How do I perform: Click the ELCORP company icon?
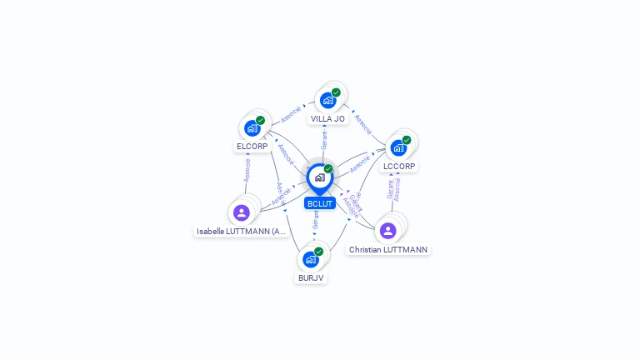252,128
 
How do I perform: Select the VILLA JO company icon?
327,100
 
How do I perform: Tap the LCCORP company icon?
398,147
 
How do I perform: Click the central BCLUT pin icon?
319,177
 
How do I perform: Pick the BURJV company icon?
311,258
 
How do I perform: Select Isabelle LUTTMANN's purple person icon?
242,212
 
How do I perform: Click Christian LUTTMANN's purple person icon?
387,230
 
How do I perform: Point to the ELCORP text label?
252,147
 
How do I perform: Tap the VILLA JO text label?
327,119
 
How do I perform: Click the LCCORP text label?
398,167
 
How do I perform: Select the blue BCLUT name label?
319,203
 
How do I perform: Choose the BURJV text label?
311,277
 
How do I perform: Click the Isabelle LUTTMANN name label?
242,231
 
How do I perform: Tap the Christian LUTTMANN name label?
388,249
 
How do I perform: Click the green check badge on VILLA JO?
336,92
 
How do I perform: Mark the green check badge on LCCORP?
407,140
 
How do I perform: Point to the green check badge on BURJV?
318,251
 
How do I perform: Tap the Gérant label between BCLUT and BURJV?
316,220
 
